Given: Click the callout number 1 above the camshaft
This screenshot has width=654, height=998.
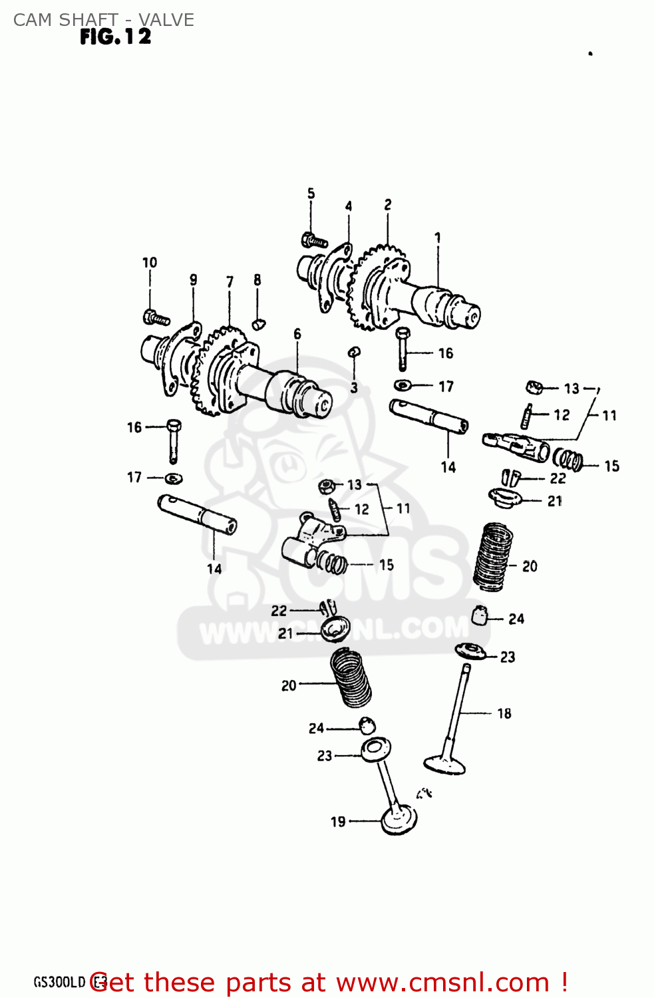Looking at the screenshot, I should tap(437, 238).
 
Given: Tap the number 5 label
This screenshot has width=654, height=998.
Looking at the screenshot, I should tap(311, 194).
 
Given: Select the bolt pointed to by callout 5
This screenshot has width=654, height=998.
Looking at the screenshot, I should tap(315, 240).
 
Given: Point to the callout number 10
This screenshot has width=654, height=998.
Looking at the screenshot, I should tap(150, 263).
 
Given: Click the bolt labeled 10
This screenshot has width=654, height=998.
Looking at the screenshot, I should tap(156, 317).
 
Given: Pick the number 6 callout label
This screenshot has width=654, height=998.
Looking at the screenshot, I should tap(297, 334).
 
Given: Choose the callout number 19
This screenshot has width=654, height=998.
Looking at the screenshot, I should tap(338, 822).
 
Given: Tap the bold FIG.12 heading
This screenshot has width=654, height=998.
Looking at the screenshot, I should tap(116, 37).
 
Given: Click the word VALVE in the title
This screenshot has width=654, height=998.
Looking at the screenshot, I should tap(166, 20).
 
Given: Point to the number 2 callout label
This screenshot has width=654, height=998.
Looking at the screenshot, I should tap(388, 205).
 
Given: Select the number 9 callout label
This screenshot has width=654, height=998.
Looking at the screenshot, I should tap(193, 279).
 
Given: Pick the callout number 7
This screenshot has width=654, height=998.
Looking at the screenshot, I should tap(230, 281).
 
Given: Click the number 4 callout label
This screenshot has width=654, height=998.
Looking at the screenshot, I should tap(348, 206).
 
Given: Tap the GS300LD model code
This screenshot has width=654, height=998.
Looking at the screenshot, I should tap(60, 983).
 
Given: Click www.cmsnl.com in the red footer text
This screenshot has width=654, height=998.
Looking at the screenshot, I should tap(442, 983).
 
